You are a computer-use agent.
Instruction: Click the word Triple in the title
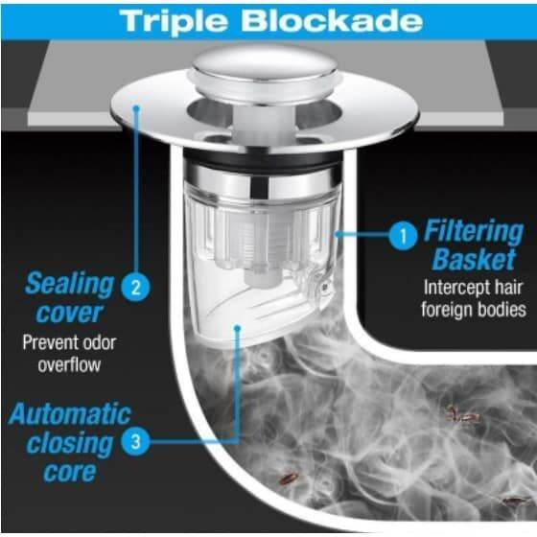point(174,22)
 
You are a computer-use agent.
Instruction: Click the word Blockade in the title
point(332,21)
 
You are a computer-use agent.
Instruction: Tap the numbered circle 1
point(403,235)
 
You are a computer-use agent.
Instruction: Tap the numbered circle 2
point(135,287)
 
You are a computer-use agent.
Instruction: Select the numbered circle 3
point(135,441)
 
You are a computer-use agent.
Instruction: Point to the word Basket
point(474,260)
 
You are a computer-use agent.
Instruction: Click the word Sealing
point(69,285)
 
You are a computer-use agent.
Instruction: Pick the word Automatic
point(69,413)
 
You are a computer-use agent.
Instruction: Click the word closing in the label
point(69,444)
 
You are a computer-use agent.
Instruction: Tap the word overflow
point(69,365)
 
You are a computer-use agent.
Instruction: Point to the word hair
point(507,288)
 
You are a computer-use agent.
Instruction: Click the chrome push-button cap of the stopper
point(265,74)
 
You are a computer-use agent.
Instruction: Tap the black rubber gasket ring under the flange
point(263,159)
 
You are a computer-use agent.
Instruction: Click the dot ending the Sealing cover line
point(136,108)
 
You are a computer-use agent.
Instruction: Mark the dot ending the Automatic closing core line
point(237,328)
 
